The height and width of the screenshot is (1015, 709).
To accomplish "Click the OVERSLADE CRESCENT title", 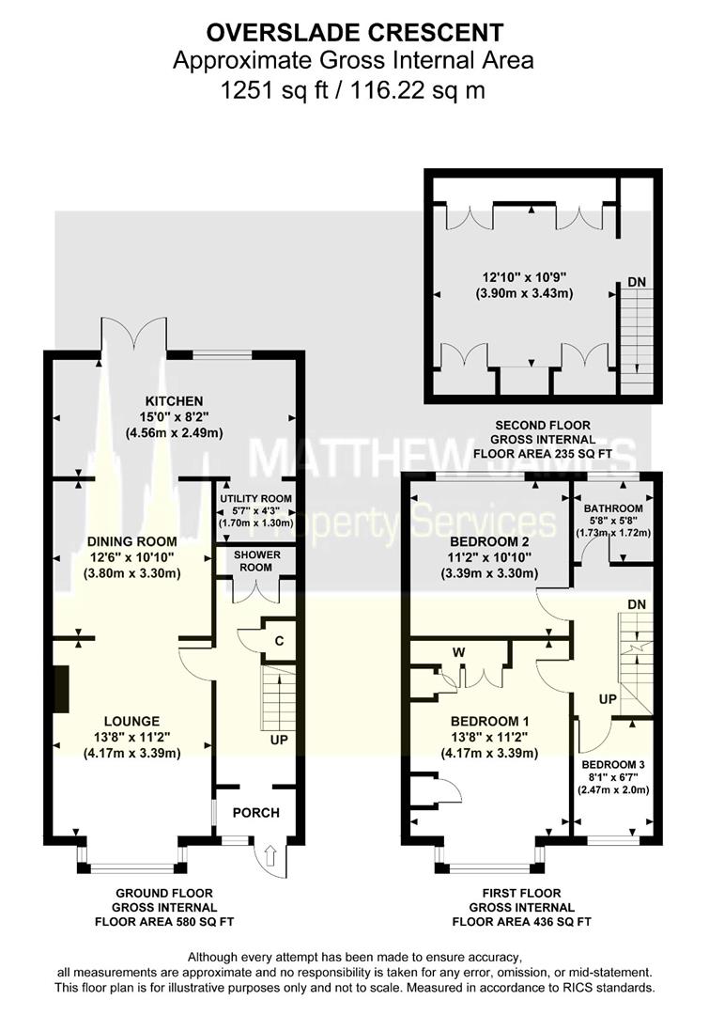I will pyautogui.click(x=354, y=35).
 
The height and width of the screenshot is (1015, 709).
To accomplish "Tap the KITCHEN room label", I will pyautogui.click(x=174, y=400).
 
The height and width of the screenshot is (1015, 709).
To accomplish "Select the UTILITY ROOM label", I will pyautogui.click(x=255, y=498).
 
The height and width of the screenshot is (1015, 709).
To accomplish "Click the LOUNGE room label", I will pyautogui.click(x=132, y=721).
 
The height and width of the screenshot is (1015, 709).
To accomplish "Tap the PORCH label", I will pyautogui.click(x=256, y=813).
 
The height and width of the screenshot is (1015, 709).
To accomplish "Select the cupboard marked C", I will pyautogui.click(x=279, y=640).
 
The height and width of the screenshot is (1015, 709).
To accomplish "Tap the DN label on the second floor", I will pyautogui.click(x=636, y=281).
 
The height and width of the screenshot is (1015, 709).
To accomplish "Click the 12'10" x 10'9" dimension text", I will pyautogui.click(x=526, y=277).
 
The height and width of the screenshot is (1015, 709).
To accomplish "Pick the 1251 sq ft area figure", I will pyautogui.click(x=269, y=91).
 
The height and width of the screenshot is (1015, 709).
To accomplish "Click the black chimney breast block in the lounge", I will pyautogui.click(x=59, y=693).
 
